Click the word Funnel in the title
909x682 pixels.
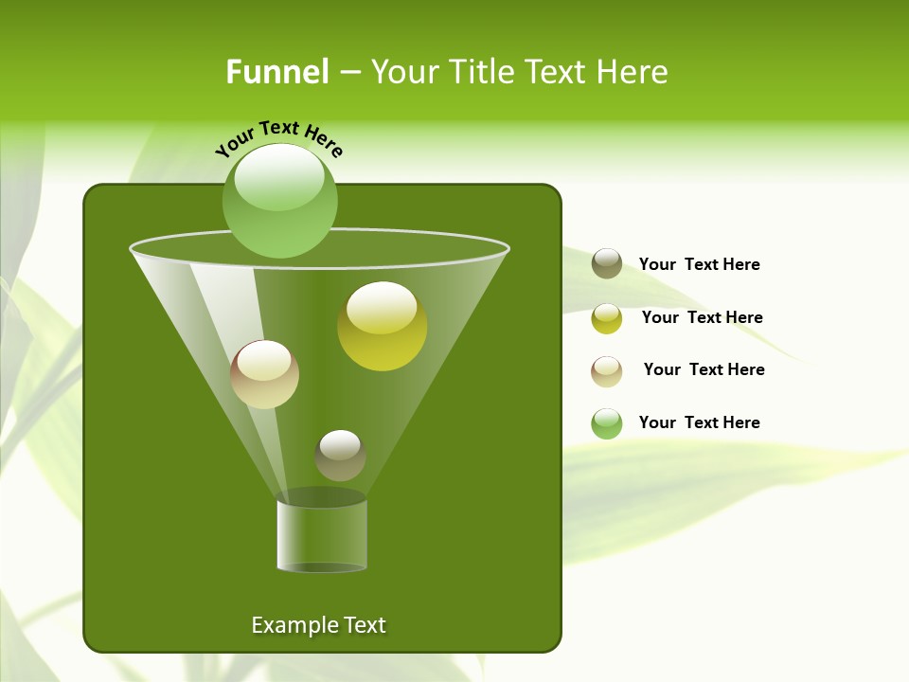[276, 72]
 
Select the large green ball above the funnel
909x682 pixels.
[279, 201]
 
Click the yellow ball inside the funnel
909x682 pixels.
[383, 327]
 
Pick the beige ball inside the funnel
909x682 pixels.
[264, 374]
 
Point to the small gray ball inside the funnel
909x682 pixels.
[340, 456]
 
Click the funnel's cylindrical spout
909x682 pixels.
[322, 535]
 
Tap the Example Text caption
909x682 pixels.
[318, 625]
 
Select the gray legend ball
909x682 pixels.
[607, 263]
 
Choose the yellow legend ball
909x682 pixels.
[607, 318]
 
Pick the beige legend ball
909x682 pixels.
[607, 371]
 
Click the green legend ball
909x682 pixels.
[607, 423]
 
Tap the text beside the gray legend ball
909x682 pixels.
[699, 264]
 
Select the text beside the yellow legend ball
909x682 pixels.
[702, 317]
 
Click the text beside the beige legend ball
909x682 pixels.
[704, 369]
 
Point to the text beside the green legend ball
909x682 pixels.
[699, 422]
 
